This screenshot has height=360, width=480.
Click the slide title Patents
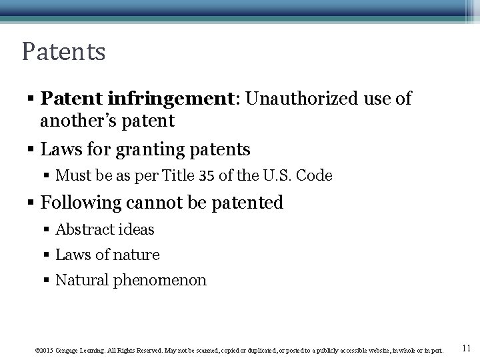coord(63,52)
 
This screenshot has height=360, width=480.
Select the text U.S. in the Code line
coord(275,176)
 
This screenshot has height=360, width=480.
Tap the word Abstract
coord(85,229)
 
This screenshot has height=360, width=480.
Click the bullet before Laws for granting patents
coord(31,149)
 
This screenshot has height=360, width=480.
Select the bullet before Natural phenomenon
coord(48,281)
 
